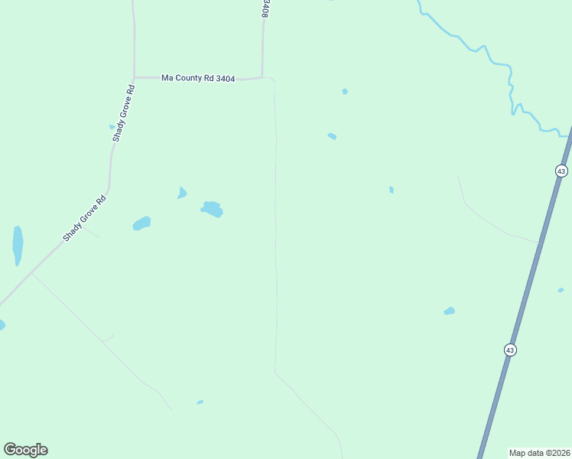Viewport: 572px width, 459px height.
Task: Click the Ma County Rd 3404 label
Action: (197, 78)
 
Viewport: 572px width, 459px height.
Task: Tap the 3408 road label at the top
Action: (265, 8)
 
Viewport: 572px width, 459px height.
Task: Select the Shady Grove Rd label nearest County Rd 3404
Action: (124, 112)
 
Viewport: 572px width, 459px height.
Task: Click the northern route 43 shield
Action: (561, 171)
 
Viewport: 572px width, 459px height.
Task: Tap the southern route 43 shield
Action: (510, 350)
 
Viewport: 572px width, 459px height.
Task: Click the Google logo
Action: (25, 450)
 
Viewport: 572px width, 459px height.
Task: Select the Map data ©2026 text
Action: (540, 452)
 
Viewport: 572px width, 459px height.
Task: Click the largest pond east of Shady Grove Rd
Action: (212, 208)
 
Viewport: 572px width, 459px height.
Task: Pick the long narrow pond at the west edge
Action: (17, 244)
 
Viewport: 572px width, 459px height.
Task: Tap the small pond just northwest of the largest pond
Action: (182, 193)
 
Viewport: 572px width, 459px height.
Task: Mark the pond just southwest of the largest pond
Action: (141, 223)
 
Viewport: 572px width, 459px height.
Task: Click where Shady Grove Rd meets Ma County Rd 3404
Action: (135, 77)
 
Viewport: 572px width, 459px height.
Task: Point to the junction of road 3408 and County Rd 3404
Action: (262, 77)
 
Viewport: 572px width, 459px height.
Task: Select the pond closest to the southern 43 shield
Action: (449, 311)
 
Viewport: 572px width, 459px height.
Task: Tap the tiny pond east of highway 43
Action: (561, 290)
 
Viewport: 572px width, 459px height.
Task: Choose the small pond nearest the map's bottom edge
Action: (200, 402)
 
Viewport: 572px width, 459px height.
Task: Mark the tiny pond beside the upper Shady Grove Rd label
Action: (112, 127)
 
